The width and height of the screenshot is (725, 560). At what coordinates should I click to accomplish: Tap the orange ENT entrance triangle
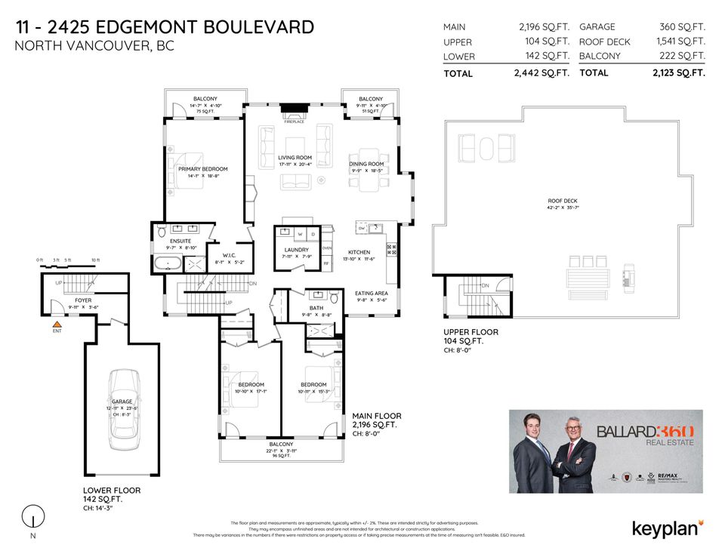[x=56, y=323]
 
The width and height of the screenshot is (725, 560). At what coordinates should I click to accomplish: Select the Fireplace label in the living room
[x=294, y=122]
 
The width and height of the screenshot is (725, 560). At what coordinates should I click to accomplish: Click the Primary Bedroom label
[x=202, y=169]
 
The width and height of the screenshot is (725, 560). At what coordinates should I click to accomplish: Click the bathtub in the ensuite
[x=167, y=264]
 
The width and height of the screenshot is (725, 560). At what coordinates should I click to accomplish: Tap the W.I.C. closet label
[x=224, y=255]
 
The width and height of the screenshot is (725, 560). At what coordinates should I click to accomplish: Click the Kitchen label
[x=358, y=252]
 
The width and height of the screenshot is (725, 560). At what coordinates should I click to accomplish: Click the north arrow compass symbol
[x=32, y=518]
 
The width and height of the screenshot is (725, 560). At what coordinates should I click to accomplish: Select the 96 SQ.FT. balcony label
[x=281, y=456]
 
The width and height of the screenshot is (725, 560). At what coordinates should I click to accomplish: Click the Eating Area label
[x=371, y=293]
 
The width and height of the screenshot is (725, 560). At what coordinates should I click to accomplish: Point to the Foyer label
[x=83, y=300]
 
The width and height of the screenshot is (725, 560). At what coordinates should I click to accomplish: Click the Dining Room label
[x=366, y=164]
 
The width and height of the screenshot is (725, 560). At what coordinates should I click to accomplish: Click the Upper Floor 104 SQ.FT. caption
[x=471, y=337]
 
